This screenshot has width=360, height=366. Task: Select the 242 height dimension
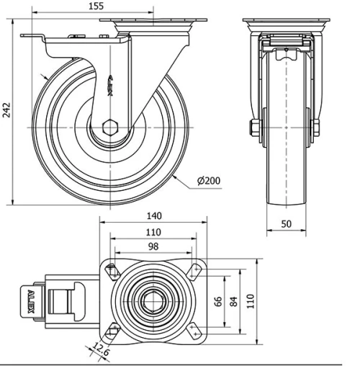(6, 110)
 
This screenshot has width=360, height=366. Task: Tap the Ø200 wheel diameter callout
(208, 180)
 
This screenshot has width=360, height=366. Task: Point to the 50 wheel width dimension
(286, 224)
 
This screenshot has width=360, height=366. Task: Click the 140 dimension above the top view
(153, 215)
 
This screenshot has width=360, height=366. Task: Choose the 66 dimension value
(220, 301)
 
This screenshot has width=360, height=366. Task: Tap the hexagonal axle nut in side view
(109, 127)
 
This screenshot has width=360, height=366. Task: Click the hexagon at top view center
(153, 301)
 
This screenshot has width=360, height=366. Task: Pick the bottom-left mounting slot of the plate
(112, 331)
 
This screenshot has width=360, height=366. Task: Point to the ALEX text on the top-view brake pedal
(31, 302)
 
